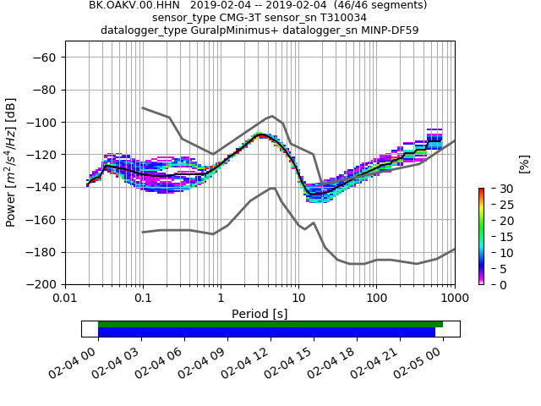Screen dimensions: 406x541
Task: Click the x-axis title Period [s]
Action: [260, 314]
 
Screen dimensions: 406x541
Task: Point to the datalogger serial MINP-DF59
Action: [387, 30]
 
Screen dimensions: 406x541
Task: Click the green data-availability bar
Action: [270, 324]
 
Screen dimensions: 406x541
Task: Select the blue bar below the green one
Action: [266, 332]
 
